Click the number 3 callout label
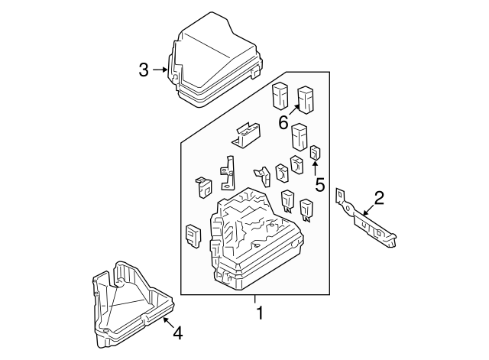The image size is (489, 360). [144, 70]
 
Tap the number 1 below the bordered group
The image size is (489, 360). [260, 313]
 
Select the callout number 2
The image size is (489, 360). [378, 200]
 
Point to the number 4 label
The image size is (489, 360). [177, 332]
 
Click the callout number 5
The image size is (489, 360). [319, 183]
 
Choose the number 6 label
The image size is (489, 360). [283, 122]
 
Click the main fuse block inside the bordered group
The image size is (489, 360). [255, 238]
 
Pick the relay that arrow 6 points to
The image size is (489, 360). [307, 99]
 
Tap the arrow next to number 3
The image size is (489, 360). [159, 70]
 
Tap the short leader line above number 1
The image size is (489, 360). [255, 299]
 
